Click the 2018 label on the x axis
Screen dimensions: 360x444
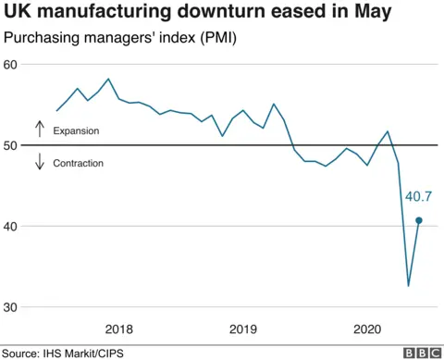[x=118, y=329]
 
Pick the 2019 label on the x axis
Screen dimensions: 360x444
[x=243, y=329]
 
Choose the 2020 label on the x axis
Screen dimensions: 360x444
[x=368, y=329]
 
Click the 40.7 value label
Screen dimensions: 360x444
[x=419, y=196]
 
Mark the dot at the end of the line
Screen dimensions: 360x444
[x=419, y=220]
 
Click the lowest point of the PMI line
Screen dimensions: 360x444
[x=409, y=286]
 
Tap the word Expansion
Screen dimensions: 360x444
[x=77, y=131]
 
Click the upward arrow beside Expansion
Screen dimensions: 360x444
[x=40, y=129]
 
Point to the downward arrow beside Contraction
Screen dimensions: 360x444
[x=40, y=162]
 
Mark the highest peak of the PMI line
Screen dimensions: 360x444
[x=108, y=80]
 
